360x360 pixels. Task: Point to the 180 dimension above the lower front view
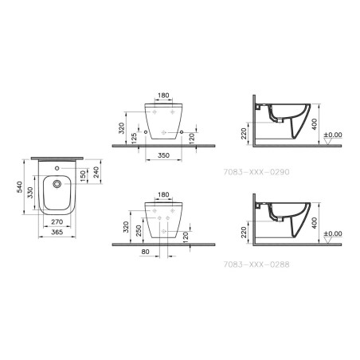click(163, 194)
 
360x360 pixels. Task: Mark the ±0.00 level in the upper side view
click(336, 135)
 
